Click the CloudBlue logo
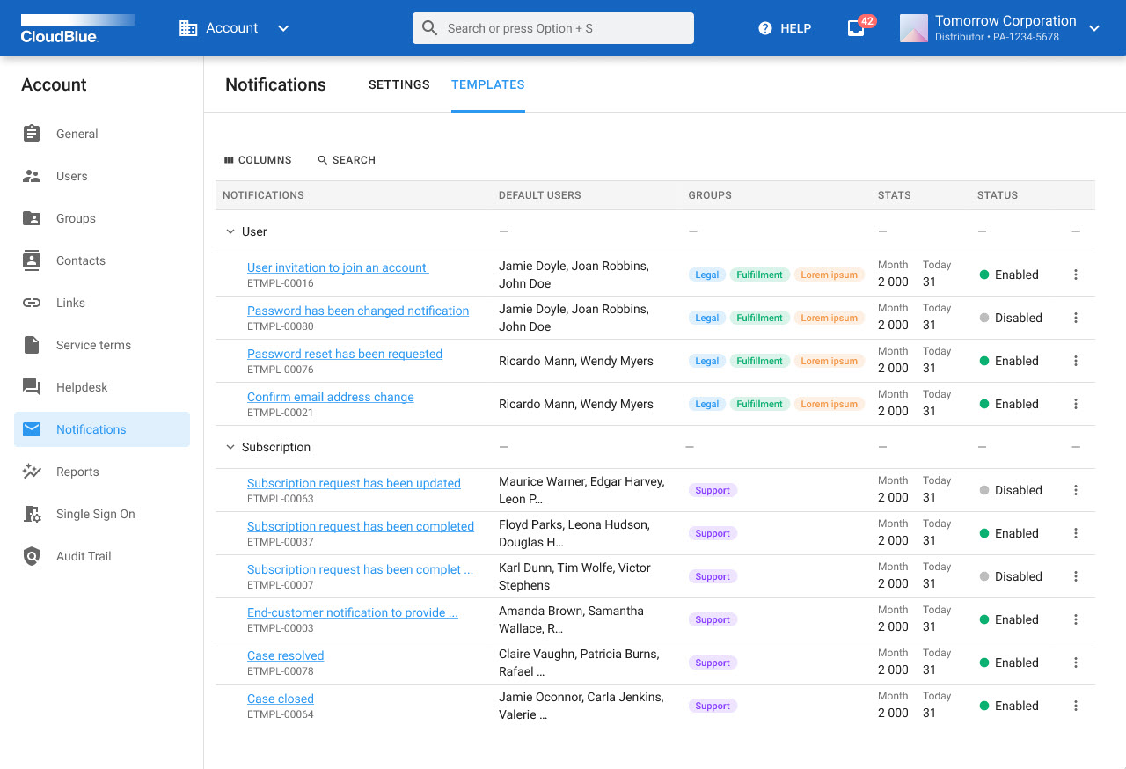tap(77, 28)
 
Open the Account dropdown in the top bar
tap(234, 28)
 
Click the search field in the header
tap(552, 28)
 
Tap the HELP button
tap(785, 28)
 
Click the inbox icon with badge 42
tap(856, 28)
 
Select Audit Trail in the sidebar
tap(84, 556)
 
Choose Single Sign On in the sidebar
tap(95, 514)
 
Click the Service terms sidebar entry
tap(93, 345)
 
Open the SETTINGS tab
tap(398, 84)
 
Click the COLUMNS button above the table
tap(258, 160)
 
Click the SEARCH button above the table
tap(347, 160)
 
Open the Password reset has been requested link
tap(344, 354)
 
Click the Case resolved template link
tap(285, 655)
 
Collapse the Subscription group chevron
tap(230, 447)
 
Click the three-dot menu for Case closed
tap(1075, 706)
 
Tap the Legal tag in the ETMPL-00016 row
tap(706, 275)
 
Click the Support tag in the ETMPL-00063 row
tap(712, 490)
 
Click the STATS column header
tap(894, 195)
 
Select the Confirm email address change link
tap(330, 397)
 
